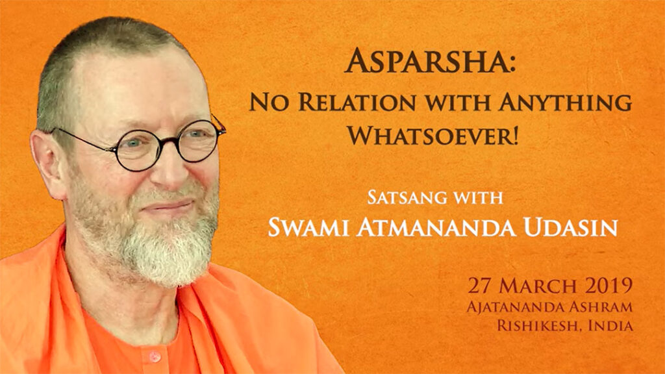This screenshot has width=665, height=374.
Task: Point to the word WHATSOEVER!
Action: click(x=433, y=135)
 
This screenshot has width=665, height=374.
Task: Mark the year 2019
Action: click(x=609, y=286)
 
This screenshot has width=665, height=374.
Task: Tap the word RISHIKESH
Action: click(x=539, y=326)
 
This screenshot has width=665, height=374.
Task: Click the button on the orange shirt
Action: click(x=155, y=356)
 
